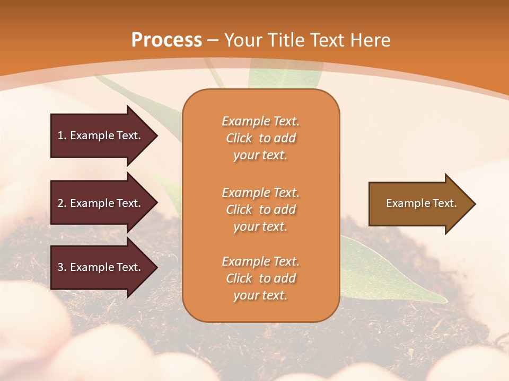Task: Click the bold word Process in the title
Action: tap(166, 40)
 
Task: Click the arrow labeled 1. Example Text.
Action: tap(101, 135)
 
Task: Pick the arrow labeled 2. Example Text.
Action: tap(101, 203)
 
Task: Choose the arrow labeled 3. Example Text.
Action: tap(101, 267)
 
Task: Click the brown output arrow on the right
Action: tap(419, 204)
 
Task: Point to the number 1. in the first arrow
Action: tap(62, 135)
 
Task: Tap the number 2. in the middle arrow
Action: tap(62, 203)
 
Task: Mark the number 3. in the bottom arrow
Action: tap(62, 267)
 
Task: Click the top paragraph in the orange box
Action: tap(260, 138)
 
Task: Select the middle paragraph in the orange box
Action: tap(260, 210)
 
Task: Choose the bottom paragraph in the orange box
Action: tap(260, 278)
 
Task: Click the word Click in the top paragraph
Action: tap(239, 138)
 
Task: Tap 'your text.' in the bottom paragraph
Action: tap(260, 295)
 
